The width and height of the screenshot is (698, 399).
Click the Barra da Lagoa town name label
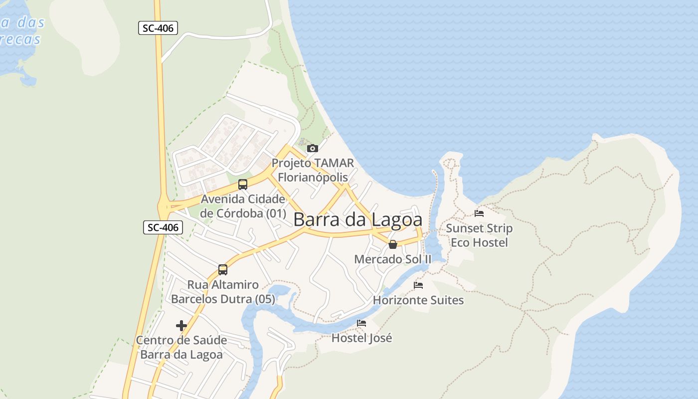pos(357,220)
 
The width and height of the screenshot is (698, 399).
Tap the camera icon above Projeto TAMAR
pos(313,148)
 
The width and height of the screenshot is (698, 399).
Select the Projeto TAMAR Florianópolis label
pos(313,170)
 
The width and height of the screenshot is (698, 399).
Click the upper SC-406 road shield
pos(158,28)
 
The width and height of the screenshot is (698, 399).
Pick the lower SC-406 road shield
pos(164,227)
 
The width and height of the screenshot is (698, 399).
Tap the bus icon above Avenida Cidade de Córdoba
pos(243,184)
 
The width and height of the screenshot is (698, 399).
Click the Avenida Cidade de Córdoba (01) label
pos(243,206)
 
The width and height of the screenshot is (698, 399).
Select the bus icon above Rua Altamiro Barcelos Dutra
pos(223,270)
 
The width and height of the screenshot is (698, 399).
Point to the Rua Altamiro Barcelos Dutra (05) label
pos(223,292)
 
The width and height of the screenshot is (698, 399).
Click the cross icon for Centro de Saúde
pos(181,326)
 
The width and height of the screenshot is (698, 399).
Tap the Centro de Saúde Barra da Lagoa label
pos(181,348)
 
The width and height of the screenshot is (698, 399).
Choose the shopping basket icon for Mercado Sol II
pos(393,244)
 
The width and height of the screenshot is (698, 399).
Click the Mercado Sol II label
pos(392,259)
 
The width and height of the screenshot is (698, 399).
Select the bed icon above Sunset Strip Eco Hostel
pos(479,213)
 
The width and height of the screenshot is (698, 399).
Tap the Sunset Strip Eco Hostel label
pos(479,235)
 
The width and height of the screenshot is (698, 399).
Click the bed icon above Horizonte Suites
pos(418,285)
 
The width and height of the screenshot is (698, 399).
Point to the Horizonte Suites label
pos(418,300)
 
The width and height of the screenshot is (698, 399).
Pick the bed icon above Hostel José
pos(361,323)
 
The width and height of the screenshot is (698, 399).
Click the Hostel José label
pos(361,338)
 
